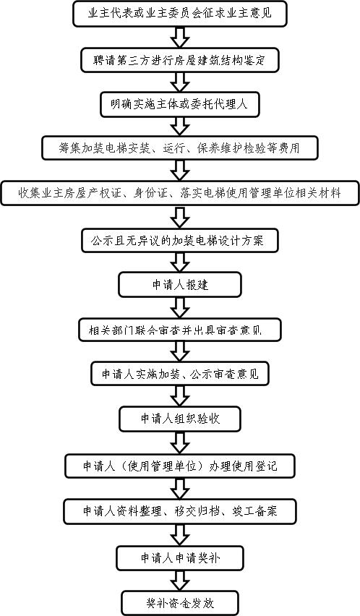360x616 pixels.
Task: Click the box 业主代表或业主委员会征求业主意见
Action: [x=180, y=14]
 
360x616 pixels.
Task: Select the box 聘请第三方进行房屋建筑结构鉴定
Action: [x=180, y=60]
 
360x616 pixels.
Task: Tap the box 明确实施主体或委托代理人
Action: [x=180, y=104]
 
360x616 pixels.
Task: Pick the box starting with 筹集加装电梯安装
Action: [x=180, y=147]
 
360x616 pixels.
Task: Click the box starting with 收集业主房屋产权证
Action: [x=180, y=193]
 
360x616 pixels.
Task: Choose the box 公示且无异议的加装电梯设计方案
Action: [x=180, y=240]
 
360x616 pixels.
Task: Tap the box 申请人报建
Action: [x=180, y=284]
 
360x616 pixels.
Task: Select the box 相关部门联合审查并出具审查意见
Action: [x=180, y=330]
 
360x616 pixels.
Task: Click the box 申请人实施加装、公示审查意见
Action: [x=180, y=373]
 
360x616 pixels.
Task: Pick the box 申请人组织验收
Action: [x=180, y=419]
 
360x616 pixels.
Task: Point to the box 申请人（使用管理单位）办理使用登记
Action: [x=180, y=466]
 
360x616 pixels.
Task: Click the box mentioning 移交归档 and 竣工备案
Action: [x=180, y=511]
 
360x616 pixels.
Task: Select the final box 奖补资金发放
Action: [x=180, y=603]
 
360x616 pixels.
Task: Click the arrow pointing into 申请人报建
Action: [x=180, y=262]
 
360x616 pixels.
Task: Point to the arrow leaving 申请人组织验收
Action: [x=180, y=442]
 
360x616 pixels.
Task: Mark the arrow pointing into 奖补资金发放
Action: [x=180, y=581]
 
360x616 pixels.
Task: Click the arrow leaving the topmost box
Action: [x=180, y=38]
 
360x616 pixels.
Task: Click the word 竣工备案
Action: [x=255, y=511]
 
